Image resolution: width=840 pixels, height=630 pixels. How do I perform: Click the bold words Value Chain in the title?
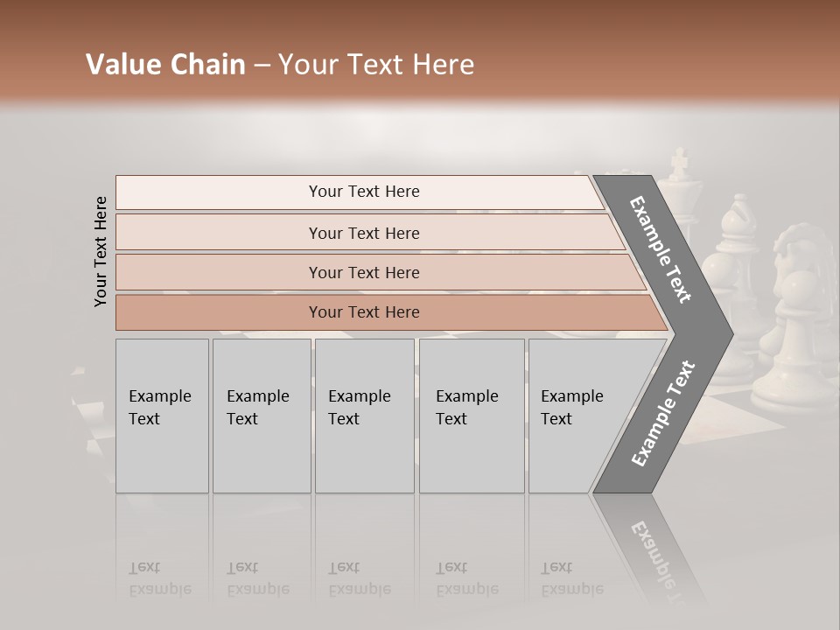[x=165, y=65]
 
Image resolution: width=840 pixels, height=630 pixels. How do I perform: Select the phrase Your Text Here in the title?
[x=376, y=65]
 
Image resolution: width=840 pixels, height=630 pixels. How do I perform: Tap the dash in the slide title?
[x=262, y=66]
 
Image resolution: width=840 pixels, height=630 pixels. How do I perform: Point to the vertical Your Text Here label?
[x=101, y=251]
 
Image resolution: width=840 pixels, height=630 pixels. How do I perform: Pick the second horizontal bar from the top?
[x=367, y=233]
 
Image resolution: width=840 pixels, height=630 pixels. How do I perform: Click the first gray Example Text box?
[x=162, y=416]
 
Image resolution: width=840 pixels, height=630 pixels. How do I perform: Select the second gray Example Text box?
[x=261, y=416]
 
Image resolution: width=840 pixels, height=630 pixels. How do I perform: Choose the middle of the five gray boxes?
[x=364, y=416]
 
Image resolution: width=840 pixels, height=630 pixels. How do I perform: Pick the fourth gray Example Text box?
[x=472, y=416]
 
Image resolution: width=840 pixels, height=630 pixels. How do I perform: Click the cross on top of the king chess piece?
[x=678, y=163]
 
